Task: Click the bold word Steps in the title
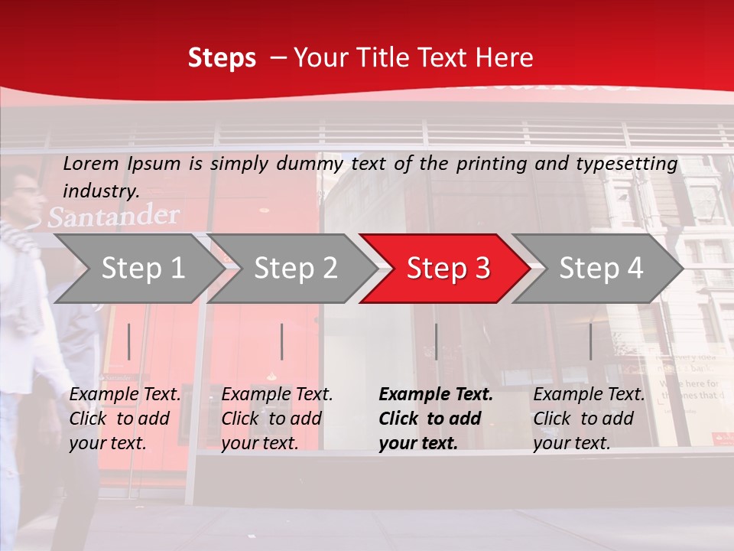click(222, 57)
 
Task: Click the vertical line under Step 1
click(129, 341)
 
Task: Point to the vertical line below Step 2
click(282, 341)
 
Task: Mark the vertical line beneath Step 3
click(436, 341)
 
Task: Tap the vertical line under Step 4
click(590, 341)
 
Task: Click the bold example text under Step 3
click(436, 419)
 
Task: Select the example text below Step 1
click(125, 419)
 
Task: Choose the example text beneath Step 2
click(277, 419)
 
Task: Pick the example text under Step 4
click(589, 419)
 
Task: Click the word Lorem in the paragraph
click(91, 163)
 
